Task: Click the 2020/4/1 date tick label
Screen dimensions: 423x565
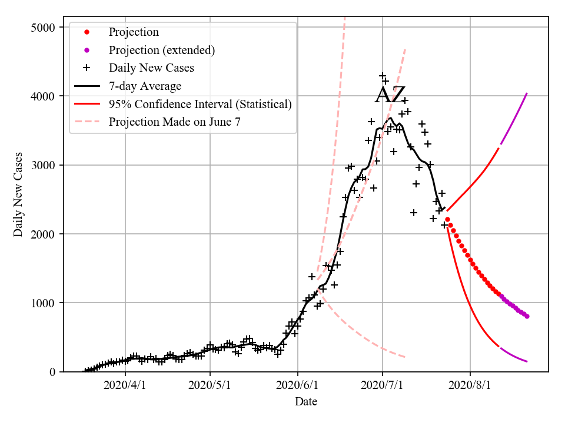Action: tap(125, 385)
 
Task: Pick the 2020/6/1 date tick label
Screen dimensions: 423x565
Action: tap(298, 385)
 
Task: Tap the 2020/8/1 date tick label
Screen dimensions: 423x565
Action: tap(470, 385)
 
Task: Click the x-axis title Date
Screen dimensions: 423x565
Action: tap(306, 402)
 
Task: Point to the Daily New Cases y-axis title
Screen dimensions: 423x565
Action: tap(18, 194)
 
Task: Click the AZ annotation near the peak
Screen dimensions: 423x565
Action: tap(390, 95)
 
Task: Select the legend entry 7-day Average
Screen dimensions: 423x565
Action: tap(145, 86)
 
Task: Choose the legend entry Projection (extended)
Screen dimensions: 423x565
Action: tap(162, 50)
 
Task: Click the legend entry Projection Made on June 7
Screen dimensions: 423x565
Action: tap(175, 122)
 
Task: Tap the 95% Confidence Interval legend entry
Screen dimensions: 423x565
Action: tap(200, 105)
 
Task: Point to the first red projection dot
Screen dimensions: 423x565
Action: tap(447, 219)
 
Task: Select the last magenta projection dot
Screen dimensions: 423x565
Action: tap(527, 316)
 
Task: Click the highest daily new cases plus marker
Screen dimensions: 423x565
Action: tap(383, 76)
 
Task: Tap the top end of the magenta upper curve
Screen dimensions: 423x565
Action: tap(527, 93)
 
